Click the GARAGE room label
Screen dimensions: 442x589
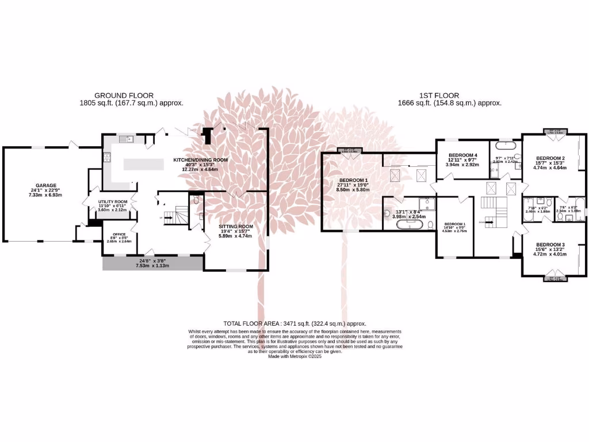tap(43, 185)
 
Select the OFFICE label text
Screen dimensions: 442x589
tap(119, 234)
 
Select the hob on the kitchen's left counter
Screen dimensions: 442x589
tap(106, 156)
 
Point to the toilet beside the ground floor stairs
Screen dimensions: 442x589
tap(196, 200)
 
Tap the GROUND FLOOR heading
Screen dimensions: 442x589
tap(124, 96)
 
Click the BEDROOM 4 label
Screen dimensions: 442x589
tap(463, 155)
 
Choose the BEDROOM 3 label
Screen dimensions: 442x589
tap(549, 245)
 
